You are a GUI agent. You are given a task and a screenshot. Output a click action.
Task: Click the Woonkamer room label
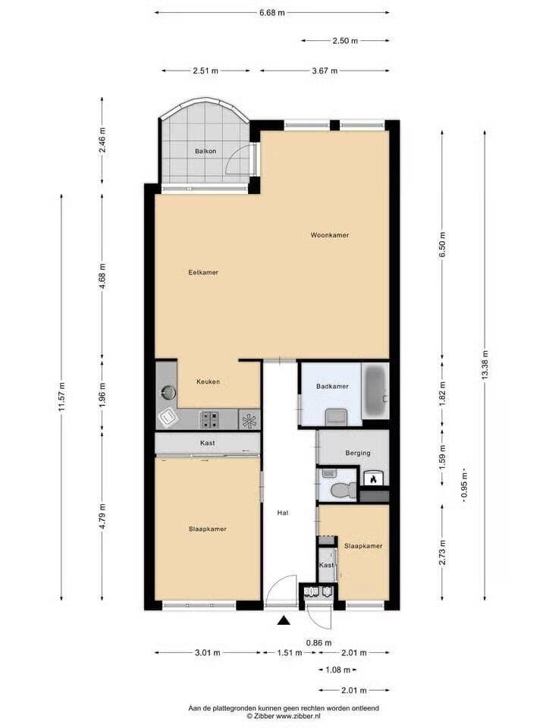(x=330, y=235)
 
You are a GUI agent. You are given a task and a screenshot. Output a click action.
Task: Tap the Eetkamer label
(x=203, y=272)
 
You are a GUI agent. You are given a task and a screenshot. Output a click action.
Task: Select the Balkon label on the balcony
(x=206, y=152)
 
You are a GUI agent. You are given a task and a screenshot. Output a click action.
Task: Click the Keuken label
(x=208, y=381)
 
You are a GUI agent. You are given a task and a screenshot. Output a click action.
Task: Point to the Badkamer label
(x=332, y=386)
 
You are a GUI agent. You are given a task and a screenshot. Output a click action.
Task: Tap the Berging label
(x=358, y=453)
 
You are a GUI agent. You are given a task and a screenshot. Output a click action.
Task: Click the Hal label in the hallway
(x=283, y=513)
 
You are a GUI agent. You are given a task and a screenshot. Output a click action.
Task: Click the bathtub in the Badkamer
(x=375, y=391)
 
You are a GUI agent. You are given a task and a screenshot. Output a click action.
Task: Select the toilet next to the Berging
(x=343, y=489)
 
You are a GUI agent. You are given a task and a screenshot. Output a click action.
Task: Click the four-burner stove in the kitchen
(x=209, y=419)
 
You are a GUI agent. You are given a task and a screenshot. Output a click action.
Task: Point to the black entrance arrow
(x=283, y=620)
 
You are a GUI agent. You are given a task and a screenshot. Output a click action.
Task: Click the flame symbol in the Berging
(x=373, y=479)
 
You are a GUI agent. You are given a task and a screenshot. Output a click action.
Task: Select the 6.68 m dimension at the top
(x=272, y=13)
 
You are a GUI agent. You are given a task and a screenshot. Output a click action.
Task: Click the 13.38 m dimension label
(x=485, y=365)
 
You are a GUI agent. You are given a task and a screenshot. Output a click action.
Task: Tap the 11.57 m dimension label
(x=61, y=397)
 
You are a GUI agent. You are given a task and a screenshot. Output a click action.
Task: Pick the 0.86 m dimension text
(x=319, y=643)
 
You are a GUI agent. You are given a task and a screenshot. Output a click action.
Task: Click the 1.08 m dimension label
(x=338, y=670)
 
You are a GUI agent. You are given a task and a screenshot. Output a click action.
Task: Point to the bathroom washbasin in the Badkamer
(x=336, y=416)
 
